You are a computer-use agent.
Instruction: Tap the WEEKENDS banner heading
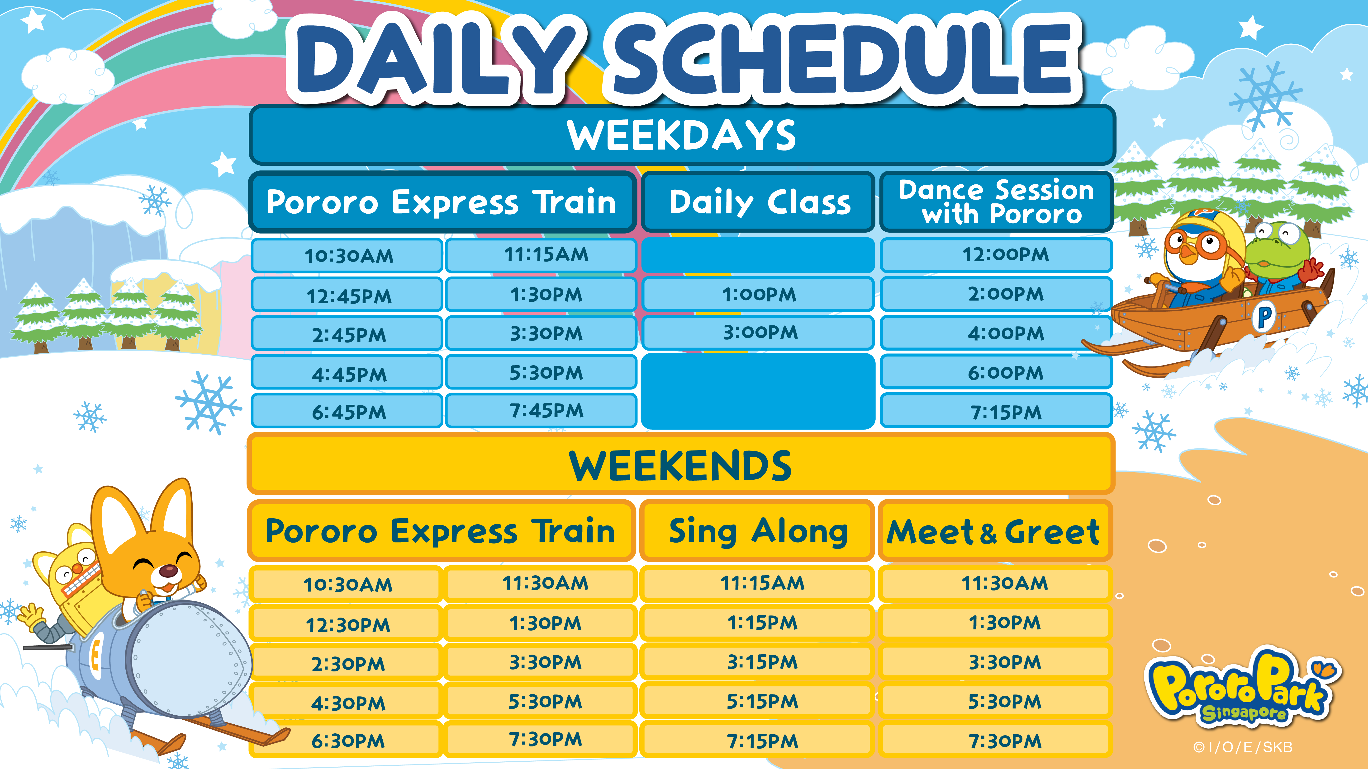(681, 465)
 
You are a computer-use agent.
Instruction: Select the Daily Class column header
(758, 202)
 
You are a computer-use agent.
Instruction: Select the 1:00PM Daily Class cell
(758, 294)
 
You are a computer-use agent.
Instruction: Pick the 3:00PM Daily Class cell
(758, 333)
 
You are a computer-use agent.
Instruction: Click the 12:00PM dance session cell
(996, 255)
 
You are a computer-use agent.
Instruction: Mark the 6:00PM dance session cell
(996, 372)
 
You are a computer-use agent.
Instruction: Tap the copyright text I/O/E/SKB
(1243, 747)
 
